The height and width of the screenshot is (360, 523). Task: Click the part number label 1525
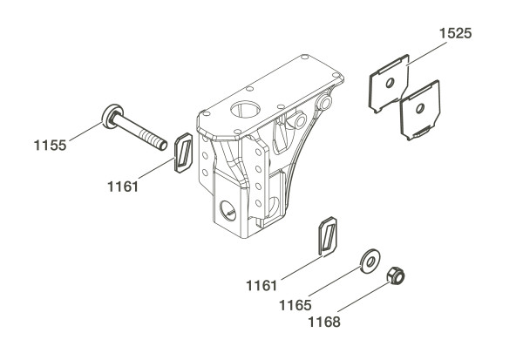(x=455, y=33)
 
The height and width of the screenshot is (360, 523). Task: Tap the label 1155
(x=50, y=146)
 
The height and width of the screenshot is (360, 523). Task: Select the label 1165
(x=295, y=305)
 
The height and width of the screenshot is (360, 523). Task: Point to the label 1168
(x=324, y=323)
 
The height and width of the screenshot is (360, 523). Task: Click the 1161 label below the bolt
(x=123, y=187)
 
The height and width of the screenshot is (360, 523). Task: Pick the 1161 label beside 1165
(x=261, y=286)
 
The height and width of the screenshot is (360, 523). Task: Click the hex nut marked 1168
(x=396, y=275)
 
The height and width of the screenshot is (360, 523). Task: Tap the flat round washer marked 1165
(x=370, y=261)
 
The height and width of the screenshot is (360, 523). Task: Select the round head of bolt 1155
(x=112, y=116)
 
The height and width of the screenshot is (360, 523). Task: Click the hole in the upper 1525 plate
(x=390, y=83)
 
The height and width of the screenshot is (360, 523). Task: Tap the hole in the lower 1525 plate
(x=420, y=108)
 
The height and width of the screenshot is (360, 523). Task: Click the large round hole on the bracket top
(x=245, y=109)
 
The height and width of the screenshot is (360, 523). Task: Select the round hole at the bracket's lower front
(x=228, y=211)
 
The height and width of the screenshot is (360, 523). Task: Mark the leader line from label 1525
(x=427, y=53)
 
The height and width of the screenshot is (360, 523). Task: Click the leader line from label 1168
(x=364, y=297)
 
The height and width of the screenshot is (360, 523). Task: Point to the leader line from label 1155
(x=86, y=132)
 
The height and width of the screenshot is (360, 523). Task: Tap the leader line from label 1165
(x=335, y=281)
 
